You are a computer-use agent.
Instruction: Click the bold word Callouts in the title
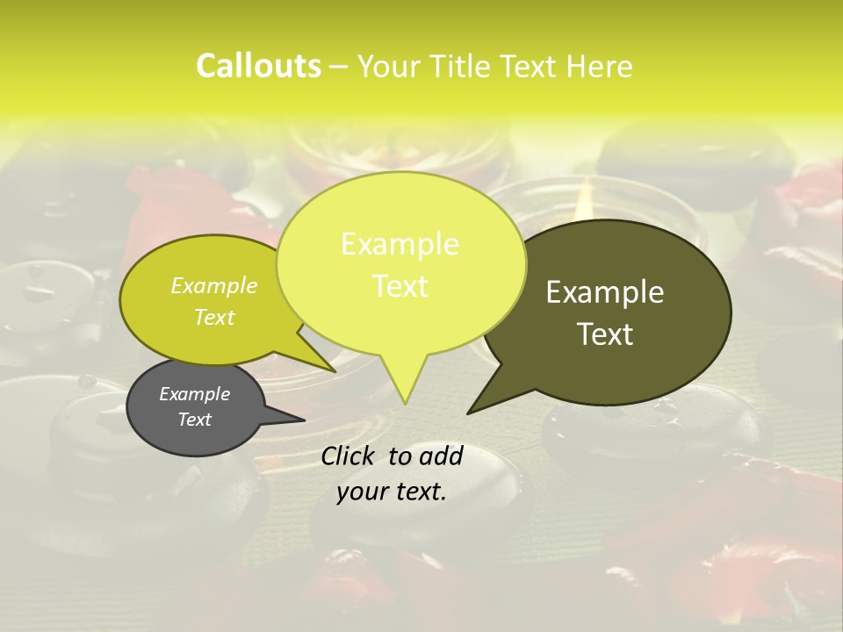[258, 66]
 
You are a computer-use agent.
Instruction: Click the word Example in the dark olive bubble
[605, 292]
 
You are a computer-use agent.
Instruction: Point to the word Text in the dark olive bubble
[605, 334]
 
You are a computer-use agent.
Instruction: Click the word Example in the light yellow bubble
[400, 244]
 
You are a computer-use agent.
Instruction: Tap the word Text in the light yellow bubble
[400, 286]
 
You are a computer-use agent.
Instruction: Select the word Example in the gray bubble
[195, 394]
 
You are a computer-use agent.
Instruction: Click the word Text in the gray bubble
[195, 420]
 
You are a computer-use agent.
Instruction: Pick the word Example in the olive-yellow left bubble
[214, 285]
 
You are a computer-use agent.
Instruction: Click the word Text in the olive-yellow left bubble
[214, 317]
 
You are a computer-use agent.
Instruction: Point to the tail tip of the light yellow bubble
[405, 403]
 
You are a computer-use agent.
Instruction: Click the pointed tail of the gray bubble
[303, 420]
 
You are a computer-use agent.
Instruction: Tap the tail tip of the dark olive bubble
[469, 412]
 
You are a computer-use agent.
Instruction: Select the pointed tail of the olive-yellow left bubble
[335, 370]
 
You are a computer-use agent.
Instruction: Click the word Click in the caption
[349, 456]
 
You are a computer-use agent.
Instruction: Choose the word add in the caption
[441, 456]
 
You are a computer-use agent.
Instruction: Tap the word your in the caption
[362, 492]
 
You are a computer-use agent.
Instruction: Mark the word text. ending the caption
[420, 492]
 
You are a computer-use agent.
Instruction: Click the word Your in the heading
[387, 66]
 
